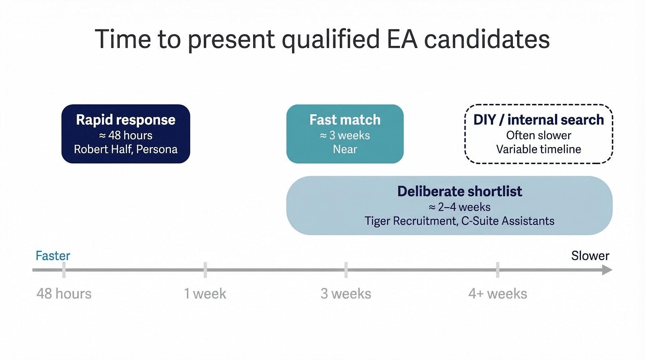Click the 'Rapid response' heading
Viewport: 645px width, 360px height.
coord(125,120)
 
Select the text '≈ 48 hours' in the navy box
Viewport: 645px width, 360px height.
coord(125,135)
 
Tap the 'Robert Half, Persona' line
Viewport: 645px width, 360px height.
coord(125,149)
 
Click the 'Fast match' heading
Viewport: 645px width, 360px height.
coord(345,120)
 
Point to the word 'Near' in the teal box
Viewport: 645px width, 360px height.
coord(345,149)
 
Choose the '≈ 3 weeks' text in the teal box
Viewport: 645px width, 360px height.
coord(345,135)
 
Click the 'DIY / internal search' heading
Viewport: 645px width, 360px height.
coord(539,120)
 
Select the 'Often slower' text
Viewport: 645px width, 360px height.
coord(539,135)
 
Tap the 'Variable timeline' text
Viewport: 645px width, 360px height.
coord(539,149)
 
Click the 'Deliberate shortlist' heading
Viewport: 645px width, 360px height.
coord(460,191)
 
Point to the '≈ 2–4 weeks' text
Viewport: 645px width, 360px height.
coord(460,207)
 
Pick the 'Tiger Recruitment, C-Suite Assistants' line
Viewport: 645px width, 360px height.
coord(460,221)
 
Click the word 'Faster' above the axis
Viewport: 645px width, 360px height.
coord(53,256)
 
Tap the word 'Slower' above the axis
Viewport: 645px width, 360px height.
coord(590,256)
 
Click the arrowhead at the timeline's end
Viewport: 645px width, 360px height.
coord(607,270)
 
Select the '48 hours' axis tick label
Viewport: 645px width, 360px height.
coord(64,294)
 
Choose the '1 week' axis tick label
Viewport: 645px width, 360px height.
coord(205,294)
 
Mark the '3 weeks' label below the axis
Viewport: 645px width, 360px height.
coord(346,294)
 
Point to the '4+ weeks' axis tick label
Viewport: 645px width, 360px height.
coord(497,294)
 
